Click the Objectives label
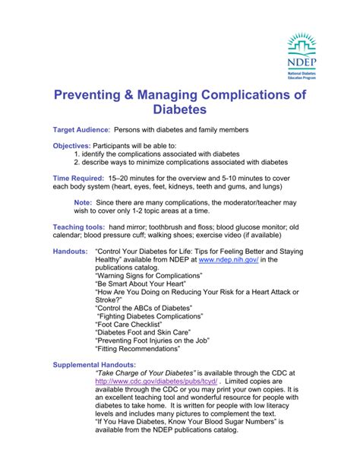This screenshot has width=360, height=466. pos(71,145)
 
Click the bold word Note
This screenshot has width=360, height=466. pos(83,203)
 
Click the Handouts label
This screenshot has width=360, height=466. pos(70,250)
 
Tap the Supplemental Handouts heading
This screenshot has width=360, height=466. pos(96,365)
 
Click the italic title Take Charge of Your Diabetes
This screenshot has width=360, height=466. pos(146,374)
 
